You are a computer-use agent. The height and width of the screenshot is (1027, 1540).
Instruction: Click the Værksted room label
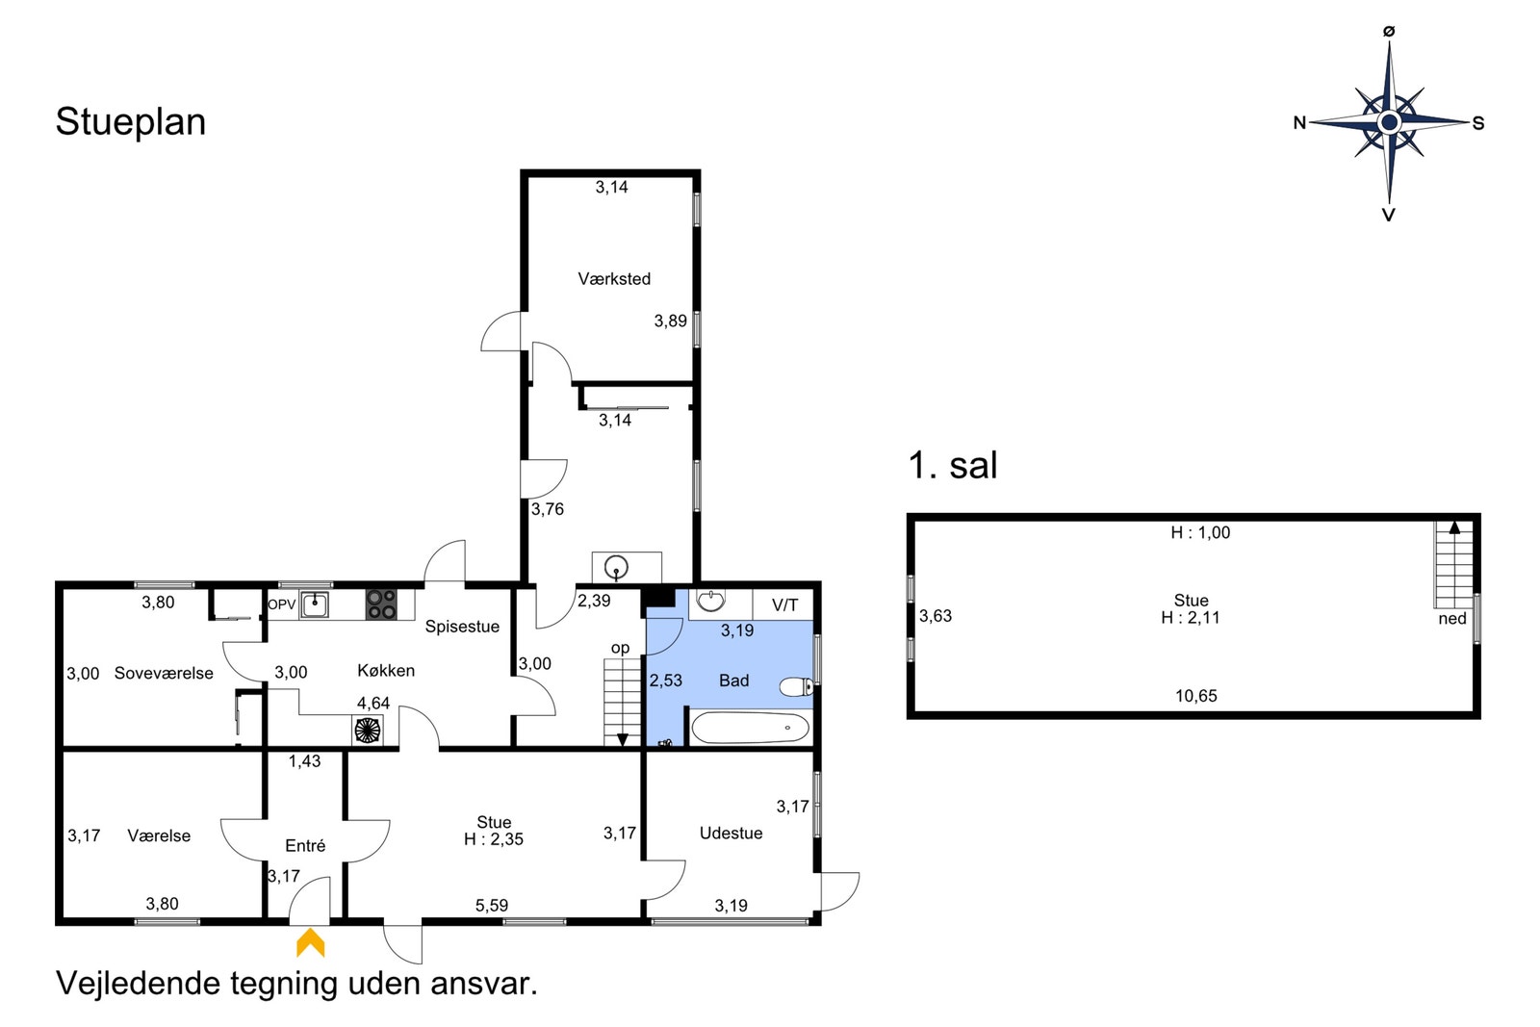coord(614,278)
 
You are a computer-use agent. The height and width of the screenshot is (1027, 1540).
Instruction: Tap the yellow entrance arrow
coord(310,942)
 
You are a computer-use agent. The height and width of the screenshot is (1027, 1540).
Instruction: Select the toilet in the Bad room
coord(796,686)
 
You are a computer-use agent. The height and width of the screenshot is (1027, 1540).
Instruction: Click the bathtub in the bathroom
coord(750,728)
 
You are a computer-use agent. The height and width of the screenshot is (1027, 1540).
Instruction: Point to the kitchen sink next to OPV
coord(314,605)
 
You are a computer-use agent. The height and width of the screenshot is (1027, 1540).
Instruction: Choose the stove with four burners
coord(381,604)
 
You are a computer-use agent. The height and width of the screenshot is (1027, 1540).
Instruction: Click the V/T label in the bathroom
coord(784,604)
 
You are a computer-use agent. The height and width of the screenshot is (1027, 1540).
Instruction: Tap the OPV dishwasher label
coord(281,604)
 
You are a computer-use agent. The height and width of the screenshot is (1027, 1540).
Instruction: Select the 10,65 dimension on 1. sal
coord(1195,696)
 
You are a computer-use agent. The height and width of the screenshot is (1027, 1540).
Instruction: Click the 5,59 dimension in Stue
coord(492,906)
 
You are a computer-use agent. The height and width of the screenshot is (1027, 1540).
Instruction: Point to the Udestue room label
coord(731,834)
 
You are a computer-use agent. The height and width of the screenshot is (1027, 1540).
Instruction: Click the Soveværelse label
coord(164,673)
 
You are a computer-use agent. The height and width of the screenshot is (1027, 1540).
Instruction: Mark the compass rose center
coord(1389,122)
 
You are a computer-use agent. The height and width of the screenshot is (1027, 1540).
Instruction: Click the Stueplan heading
coord(131,121)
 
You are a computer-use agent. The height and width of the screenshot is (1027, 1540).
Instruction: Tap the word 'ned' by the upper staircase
coord(1452,619)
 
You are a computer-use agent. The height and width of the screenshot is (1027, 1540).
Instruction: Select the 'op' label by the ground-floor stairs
coord(620,648)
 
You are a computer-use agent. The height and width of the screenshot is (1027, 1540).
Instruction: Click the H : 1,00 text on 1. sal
coord(1200,532)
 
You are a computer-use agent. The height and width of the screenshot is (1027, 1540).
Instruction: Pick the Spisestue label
coord(462,627)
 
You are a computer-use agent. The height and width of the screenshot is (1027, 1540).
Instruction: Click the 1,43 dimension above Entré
coord(304,761)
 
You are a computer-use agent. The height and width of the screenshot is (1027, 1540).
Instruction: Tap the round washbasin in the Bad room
coord(710,600)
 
